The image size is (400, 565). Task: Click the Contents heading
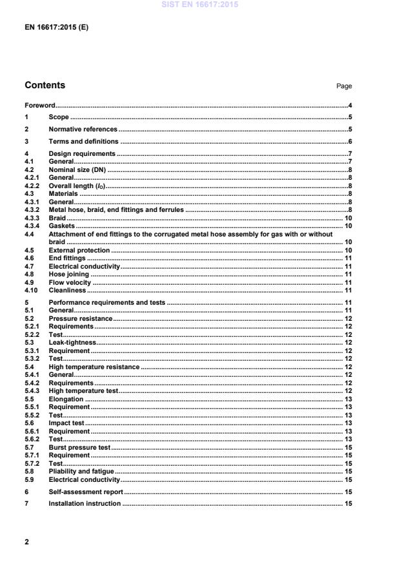pyautogui.click(x=45, y=85)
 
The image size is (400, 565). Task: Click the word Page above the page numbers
pyautogui.click(x=345, y=86)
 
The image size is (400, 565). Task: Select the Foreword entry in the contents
pyautogui.click(x=39, y=105)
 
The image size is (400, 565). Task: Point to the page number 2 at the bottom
pyautogui.click(x=26, y=542)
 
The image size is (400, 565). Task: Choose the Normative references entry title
pyautogui.click(x=83, y=129)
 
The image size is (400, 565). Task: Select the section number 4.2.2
pyautogui.click(x=33, y=185)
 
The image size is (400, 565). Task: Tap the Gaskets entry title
pyautogui.click(x=62, y=225)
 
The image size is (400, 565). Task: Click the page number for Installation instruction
pyautogui.click(x=348, y=503)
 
